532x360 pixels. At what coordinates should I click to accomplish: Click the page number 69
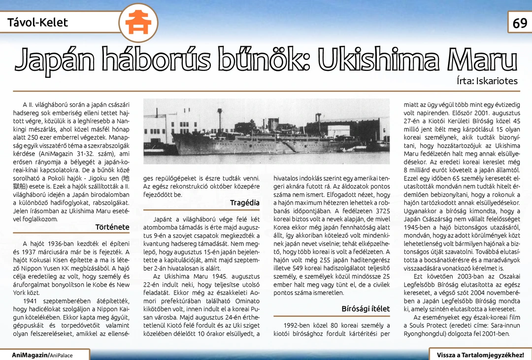(x=520, y=23)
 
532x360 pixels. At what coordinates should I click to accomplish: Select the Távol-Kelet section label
(x=37, y=22)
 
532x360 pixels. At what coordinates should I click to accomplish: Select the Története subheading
(x=112, y=227)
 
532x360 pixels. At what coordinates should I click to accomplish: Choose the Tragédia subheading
(x=244, y=203)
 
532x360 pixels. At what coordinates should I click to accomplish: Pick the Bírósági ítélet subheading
(x=366, y=309)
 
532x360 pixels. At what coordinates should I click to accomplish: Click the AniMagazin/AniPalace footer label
(x=42, y=355)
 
